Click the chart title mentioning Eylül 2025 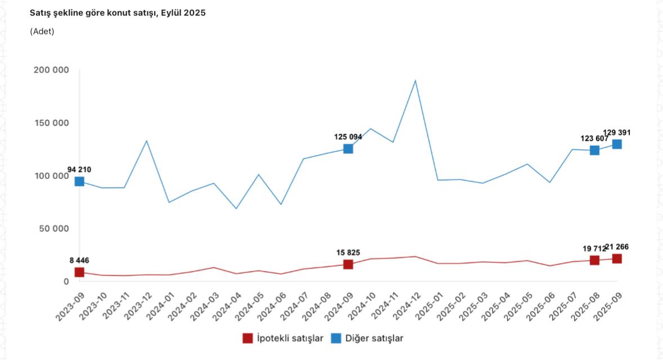118,12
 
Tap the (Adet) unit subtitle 42,31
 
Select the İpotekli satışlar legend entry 283,338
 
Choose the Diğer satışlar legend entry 367,338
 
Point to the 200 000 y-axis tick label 51,70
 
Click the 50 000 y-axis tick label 53,228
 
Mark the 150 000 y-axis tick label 51,123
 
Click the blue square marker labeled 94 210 79,181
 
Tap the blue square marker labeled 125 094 348,148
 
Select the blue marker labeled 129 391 617,144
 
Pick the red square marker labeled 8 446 79,272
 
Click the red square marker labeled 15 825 348,264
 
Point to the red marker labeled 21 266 617,259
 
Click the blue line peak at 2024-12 415,80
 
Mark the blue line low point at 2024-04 236,209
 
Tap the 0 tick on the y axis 66,281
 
